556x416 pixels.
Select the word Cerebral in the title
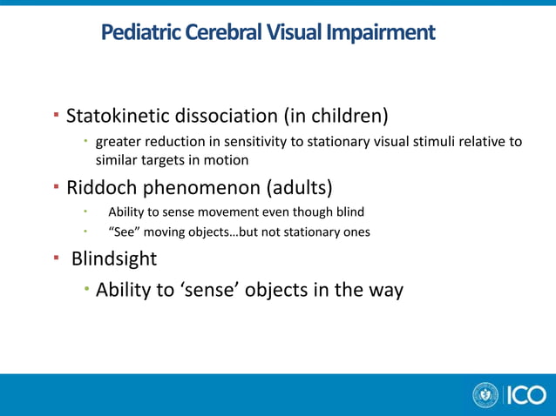coord(218,33)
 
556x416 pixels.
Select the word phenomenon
coord(198,187)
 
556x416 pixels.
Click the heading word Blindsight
coord(114,259)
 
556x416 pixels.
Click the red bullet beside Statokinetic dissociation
coord(56,115)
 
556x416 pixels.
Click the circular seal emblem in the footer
coord(485,395)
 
